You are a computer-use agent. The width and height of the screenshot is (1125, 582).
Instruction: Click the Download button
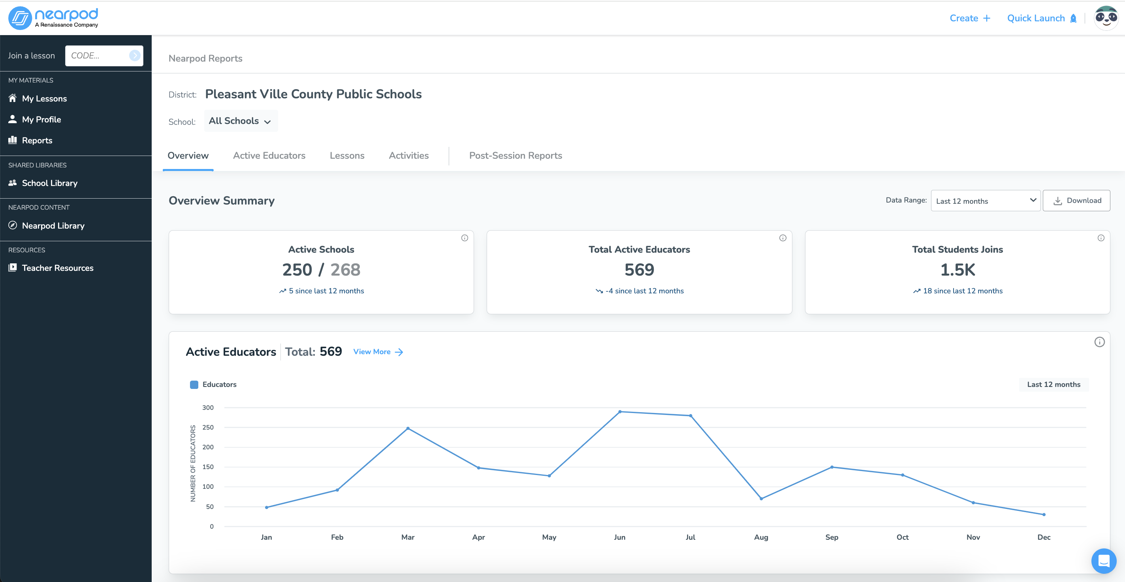coord(1076,201)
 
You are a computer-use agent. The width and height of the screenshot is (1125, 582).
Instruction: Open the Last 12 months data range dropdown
coord(985,201)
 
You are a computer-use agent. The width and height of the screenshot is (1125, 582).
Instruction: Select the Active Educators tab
coord(269,156)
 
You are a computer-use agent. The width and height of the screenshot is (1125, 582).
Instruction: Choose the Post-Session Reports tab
coord(515,156)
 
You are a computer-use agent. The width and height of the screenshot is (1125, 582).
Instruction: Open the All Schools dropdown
coord(240,121)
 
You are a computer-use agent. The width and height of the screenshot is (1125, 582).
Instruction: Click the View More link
coord(378,352)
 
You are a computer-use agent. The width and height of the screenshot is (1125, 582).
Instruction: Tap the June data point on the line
coord(620,412)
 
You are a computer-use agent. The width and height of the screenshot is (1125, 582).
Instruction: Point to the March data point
coord(408,428)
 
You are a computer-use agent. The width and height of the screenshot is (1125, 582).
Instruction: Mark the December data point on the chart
coord(1044,514)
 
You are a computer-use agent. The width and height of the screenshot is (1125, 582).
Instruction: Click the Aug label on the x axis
coord(761,537)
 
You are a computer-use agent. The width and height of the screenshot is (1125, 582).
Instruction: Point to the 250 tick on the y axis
coord(208,428)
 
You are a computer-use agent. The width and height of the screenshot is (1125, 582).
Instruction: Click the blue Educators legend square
coord(194,385)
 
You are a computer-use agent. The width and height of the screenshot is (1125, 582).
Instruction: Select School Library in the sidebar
coord(49,183)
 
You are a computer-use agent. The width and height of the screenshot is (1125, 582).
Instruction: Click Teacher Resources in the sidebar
coord(57,268)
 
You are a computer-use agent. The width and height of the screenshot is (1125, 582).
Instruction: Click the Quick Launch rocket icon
coord(1073,18)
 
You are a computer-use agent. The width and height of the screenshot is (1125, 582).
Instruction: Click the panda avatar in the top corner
coord(1106,18)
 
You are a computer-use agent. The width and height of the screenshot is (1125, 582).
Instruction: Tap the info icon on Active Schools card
coord(465,238)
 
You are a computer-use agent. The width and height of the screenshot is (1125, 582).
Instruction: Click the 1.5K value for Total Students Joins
coord(957,270)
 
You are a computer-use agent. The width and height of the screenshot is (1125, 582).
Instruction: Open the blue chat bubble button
coord(1104,561)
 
